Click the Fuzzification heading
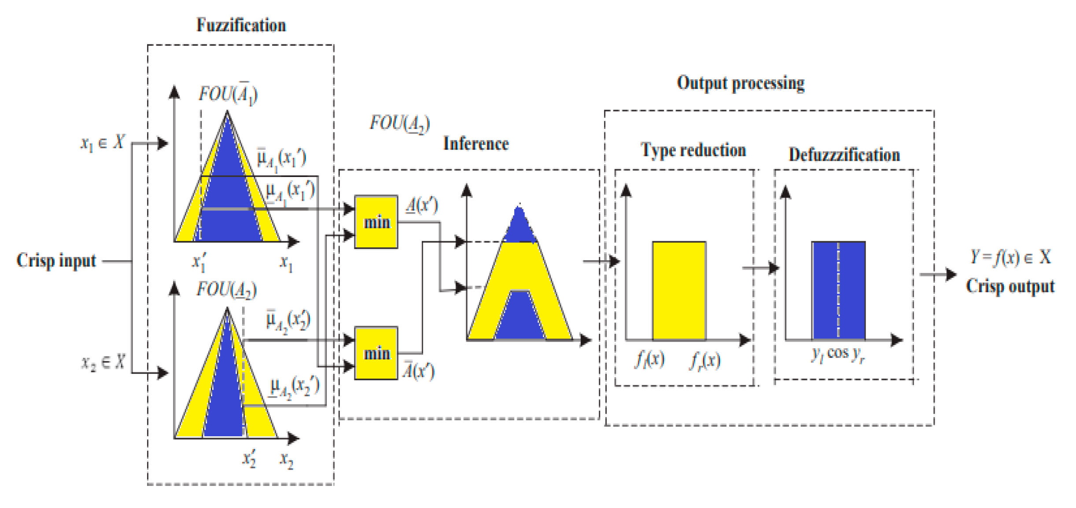241,25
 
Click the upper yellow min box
376,222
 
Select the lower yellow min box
376,353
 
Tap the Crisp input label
56,261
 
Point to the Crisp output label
1010,287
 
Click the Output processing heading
741,83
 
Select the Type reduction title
693,151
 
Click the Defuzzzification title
844,155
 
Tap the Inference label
475,144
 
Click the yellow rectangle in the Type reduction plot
679,291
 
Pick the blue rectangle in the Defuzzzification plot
838,291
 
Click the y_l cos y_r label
837,354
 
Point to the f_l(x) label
649,360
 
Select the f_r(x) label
704,361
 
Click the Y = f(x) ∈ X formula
1010,257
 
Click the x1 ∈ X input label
102,143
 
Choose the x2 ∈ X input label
103,362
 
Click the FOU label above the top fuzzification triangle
228,94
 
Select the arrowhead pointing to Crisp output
951,275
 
